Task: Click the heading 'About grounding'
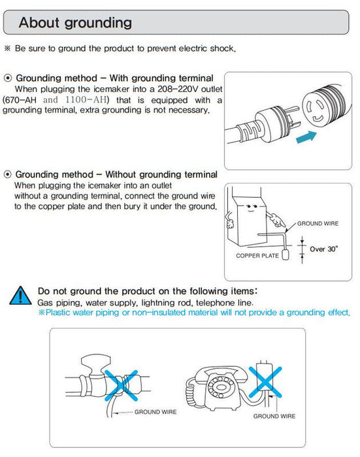tap(75, 23)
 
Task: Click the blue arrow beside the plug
tap(306, 136)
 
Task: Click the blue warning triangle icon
tap(20, 296)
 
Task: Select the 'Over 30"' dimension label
tap(324, 249)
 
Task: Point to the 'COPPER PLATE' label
tap(257, 256)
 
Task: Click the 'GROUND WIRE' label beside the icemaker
tap(318, 223)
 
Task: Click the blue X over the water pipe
tap(121, 385)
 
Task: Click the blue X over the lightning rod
tap(265, 382)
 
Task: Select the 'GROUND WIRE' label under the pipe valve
tap(155, 412)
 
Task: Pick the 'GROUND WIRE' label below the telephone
tap(274, 417)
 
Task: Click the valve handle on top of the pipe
tap(95, 362)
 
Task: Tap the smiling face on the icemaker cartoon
tap(251, 208)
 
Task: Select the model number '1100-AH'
tap(86, 100)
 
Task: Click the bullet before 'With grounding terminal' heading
tap(8, 78)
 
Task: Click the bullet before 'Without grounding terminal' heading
tap(8, 174)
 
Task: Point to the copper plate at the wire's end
tap(286, 254)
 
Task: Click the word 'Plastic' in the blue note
tap(57, 313)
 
